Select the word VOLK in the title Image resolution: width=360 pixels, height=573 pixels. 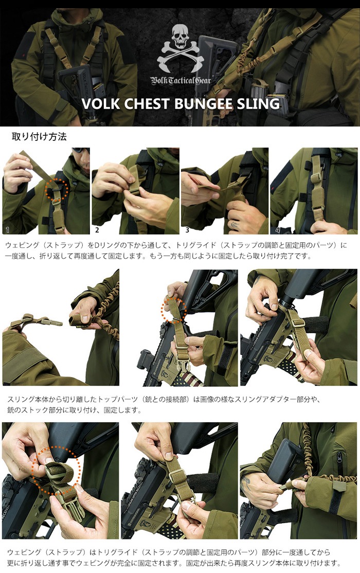pyautogui.click(x=100, y=103)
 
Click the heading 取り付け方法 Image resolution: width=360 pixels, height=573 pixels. pyautogui.click(x=39, y=137)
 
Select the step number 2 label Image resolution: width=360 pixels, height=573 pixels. pyautogui.click(x=97, y=229)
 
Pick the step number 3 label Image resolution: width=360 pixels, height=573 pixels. pyautogui.click(x=187, y=229)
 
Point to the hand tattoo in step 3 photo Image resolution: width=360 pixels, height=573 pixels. pyautogui.click(x=234, y=224)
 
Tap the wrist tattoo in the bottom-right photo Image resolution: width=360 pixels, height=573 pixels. pyautogui.click(x=248, y=482)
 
